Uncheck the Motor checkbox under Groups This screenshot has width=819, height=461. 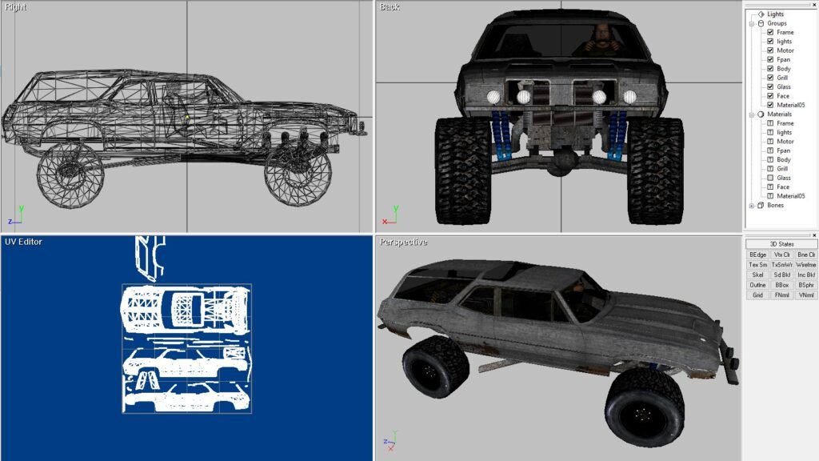pos(770,50)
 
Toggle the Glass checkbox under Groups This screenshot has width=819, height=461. pos(770,86)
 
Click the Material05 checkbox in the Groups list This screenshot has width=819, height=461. pos(770,105)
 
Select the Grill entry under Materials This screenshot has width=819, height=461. pos(782,169)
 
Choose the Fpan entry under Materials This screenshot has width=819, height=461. pos(783,150)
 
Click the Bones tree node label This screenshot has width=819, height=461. pos(775,206)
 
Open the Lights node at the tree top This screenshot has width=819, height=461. pos(775,14)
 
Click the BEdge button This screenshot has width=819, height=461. pos(758,255)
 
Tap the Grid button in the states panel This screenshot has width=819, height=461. pos(758,295)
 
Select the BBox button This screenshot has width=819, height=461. pos(782,286)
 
